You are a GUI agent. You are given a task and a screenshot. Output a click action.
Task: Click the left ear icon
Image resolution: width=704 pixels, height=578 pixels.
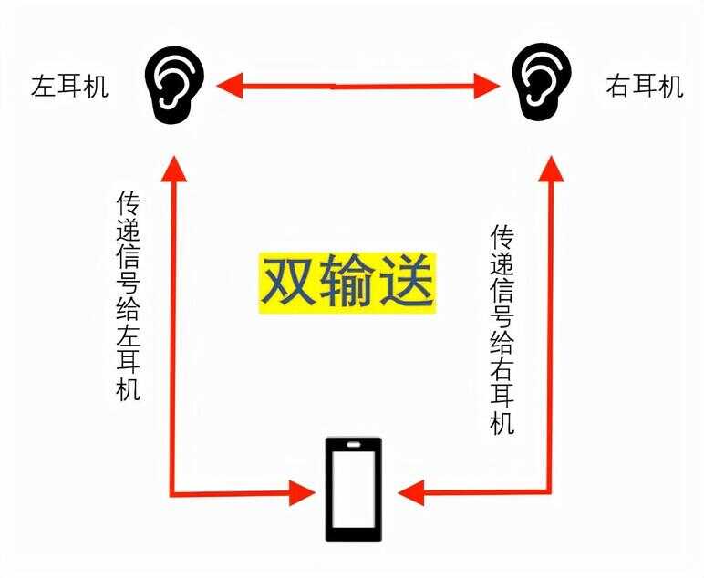[174, 85]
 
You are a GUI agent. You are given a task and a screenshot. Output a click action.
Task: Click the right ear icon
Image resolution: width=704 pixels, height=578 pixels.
[542, 83]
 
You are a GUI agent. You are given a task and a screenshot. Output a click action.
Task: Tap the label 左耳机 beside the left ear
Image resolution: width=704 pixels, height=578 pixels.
[69, 87]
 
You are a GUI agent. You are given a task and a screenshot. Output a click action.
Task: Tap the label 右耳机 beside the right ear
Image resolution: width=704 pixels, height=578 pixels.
[645, 86]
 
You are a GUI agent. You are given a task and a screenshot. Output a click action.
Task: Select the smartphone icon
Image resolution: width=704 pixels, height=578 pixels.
[353, 490]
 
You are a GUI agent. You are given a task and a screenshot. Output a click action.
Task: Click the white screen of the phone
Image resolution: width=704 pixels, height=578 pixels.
[353, 490]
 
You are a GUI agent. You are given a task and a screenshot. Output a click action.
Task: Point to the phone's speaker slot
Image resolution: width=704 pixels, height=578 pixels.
[353, 445]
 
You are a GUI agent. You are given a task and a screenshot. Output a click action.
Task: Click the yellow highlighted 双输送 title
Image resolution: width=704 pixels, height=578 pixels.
[347, 283]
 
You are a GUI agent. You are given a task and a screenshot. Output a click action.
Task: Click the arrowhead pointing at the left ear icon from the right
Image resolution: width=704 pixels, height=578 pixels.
[230, 86]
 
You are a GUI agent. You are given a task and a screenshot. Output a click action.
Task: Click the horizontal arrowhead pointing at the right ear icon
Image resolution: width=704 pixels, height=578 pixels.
[487, 86]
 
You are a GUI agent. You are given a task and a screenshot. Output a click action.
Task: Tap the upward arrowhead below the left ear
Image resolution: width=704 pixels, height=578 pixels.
[174, 169]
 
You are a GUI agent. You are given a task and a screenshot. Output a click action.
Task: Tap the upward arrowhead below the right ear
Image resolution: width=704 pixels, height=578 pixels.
[551, 169]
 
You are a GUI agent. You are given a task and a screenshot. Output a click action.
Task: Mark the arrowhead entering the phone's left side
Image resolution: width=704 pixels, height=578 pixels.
[303, 493]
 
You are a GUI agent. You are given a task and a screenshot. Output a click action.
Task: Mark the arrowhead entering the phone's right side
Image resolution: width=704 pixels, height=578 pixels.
[410, 493]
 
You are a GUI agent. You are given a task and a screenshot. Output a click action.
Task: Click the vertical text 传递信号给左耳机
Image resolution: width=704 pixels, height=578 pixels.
[129, 295]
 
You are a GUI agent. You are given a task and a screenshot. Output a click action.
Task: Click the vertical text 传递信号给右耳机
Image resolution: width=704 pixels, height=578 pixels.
[502, 329]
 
